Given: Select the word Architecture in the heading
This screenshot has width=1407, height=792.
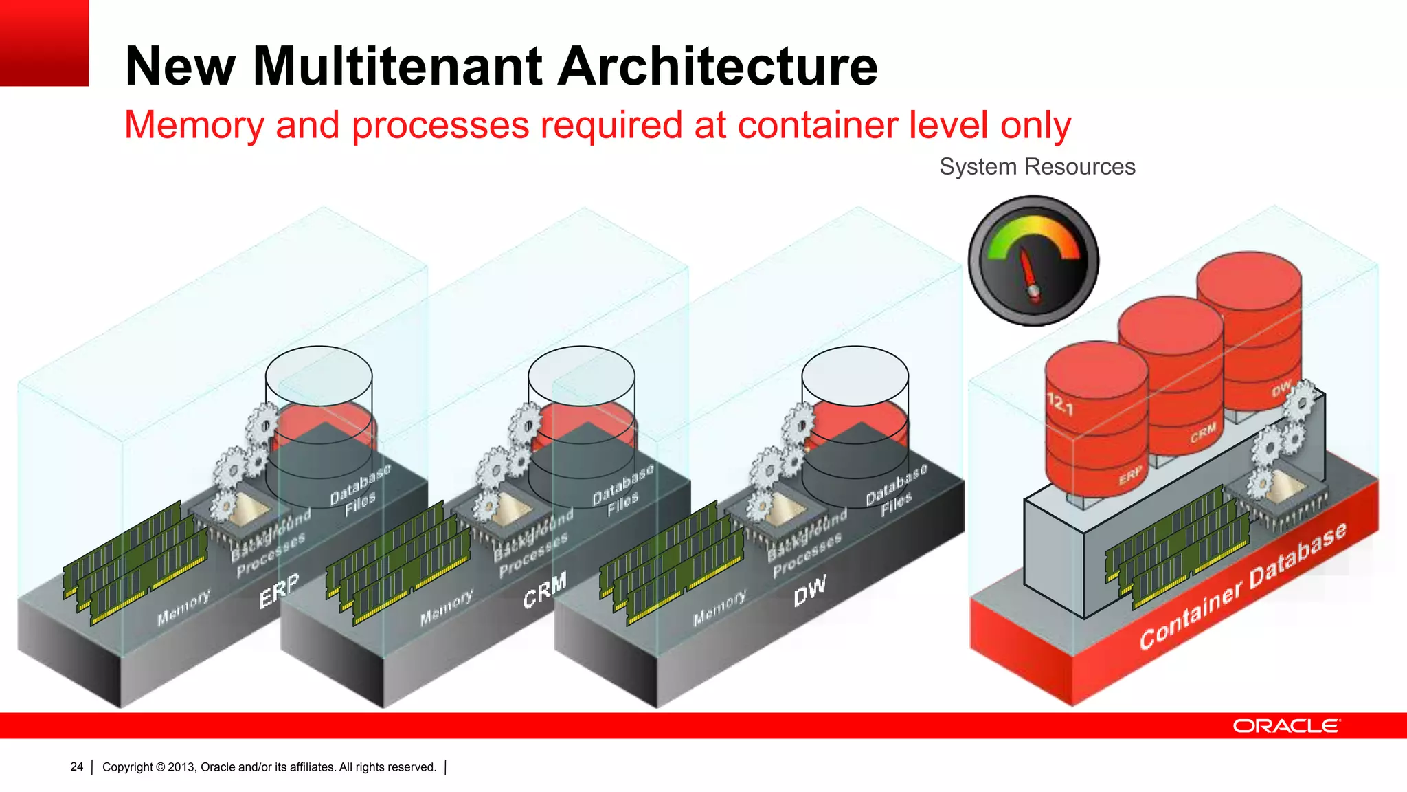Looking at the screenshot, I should click(x=718, y=66).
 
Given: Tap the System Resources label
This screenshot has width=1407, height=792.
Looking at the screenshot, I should click(x=1037, y=166).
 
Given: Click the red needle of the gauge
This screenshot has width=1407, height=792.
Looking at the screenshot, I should click(x=1029, y=271).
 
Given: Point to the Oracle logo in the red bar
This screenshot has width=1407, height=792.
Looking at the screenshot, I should click(x=1285, y=726).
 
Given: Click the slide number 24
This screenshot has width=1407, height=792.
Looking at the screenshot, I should click(x=76, y=767).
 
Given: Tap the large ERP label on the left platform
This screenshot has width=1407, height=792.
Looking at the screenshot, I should click(x=279, y=591).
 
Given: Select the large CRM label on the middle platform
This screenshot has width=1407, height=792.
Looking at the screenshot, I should click(x=544, y=589).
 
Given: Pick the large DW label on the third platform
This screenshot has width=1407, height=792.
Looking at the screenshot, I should click(x=809, y=591).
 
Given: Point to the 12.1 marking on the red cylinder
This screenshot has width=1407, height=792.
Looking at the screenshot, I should click(x=1059, y=404).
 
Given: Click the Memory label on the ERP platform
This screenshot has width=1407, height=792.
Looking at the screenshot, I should click(x=183, y=607).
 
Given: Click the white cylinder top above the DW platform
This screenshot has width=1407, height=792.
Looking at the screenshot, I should click(x=855, y=375).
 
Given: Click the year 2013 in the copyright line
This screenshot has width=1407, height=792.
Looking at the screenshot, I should click(x=181, y=767).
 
